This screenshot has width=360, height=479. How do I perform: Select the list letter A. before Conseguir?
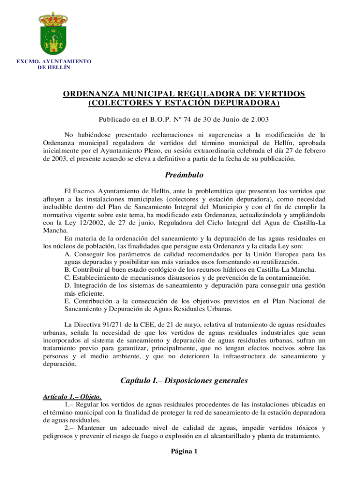click(68, 254)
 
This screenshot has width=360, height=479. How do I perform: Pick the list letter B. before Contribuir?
click(68, 270)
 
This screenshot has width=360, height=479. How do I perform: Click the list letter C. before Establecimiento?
click(68, 277)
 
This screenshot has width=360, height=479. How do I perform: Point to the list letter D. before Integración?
click(68, 285)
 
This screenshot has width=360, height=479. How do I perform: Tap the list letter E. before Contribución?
click(68, 300)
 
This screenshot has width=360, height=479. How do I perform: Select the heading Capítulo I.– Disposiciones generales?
click(184, 380)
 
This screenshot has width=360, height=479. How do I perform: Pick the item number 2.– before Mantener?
click(69, 428)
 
